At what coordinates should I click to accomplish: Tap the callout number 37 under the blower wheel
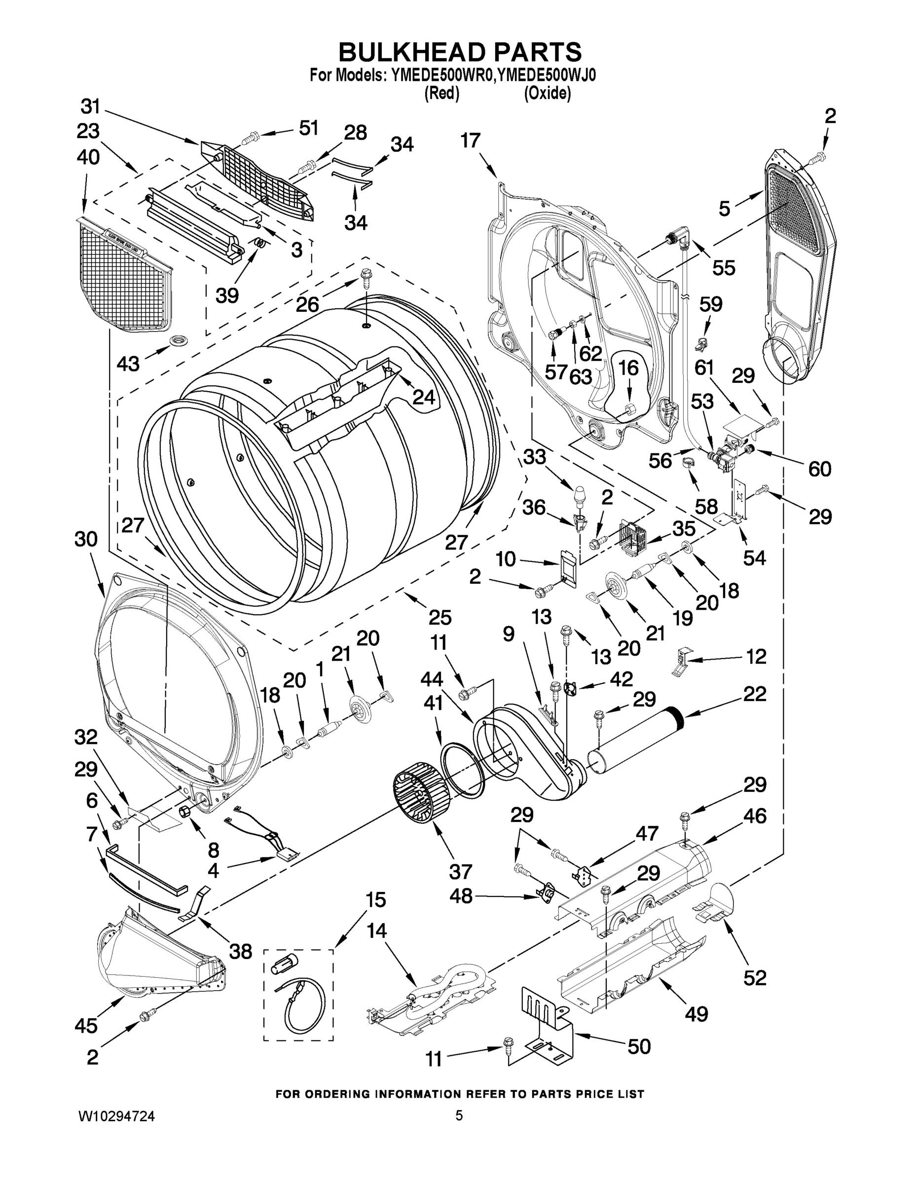tap(460, 871)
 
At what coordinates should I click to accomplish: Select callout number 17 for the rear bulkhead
tap(471, 141)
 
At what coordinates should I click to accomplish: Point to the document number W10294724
tap(116, 1116)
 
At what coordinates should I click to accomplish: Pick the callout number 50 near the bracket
tap(639, 1046)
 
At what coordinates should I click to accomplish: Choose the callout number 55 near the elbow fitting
tap(724, 267)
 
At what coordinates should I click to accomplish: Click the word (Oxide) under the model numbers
tap(547, 94)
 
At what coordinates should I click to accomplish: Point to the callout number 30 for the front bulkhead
tap(86, 539)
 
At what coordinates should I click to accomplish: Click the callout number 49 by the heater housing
tap(696, 1013)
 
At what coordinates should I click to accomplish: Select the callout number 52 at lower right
tap(755, 977)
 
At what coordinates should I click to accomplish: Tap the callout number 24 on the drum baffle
tap(424, 397)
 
